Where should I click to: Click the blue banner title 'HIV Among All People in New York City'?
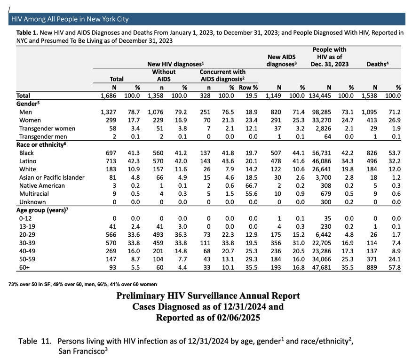point(70,19)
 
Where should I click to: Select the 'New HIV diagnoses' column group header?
point(175,64)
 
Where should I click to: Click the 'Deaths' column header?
point(378,64)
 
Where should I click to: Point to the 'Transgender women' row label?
point(48,128)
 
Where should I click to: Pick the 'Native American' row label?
point(42,186)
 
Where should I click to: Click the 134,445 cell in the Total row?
point(320,96)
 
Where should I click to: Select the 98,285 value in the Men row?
point(322,112)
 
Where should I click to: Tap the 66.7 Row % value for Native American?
point(252,186)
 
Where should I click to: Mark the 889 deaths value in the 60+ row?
point(372,267)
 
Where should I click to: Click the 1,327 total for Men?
point(108,112)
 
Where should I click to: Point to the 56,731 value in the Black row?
point(322,153)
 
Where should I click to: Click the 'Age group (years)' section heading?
point(42,210)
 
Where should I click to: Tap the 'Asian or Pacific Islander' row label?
point(52,177)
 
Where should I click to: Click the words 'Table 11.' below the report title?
point(35,341)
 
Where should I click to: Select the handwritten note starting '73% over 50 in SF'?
point(82,284)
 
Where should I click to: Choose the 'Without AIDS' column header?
point(164,75)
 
